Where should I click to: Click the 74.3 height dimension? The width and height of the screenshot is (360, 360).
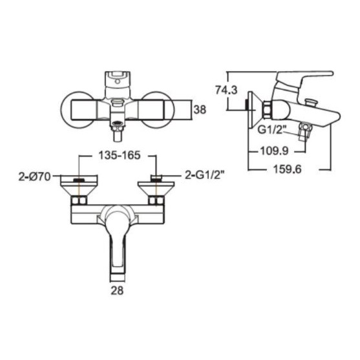point(226,90)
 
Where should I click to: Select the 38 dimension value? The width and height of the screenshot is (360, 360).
point(200,110)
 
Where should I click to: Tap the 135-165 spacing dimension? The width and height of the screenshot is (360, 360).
point(119,155)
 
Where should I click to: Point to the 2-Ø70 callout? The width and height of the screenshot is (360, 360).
point(34,177)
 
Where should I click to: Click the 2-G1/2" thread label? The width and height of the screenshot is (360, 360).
point(205,176)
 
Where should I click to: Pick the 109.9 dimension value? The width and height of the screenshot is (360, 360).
point(274,151)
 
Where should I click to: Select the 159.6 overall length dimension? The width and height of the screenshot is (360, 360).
point(287,169)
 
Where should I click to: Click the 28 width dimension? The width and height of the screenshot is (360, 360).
point(117,291)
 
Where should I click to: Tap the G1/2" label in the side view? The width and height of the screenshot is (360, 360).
point(271,129)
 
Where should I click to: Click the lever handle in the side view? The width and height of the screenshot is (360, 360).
point(303,80)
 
